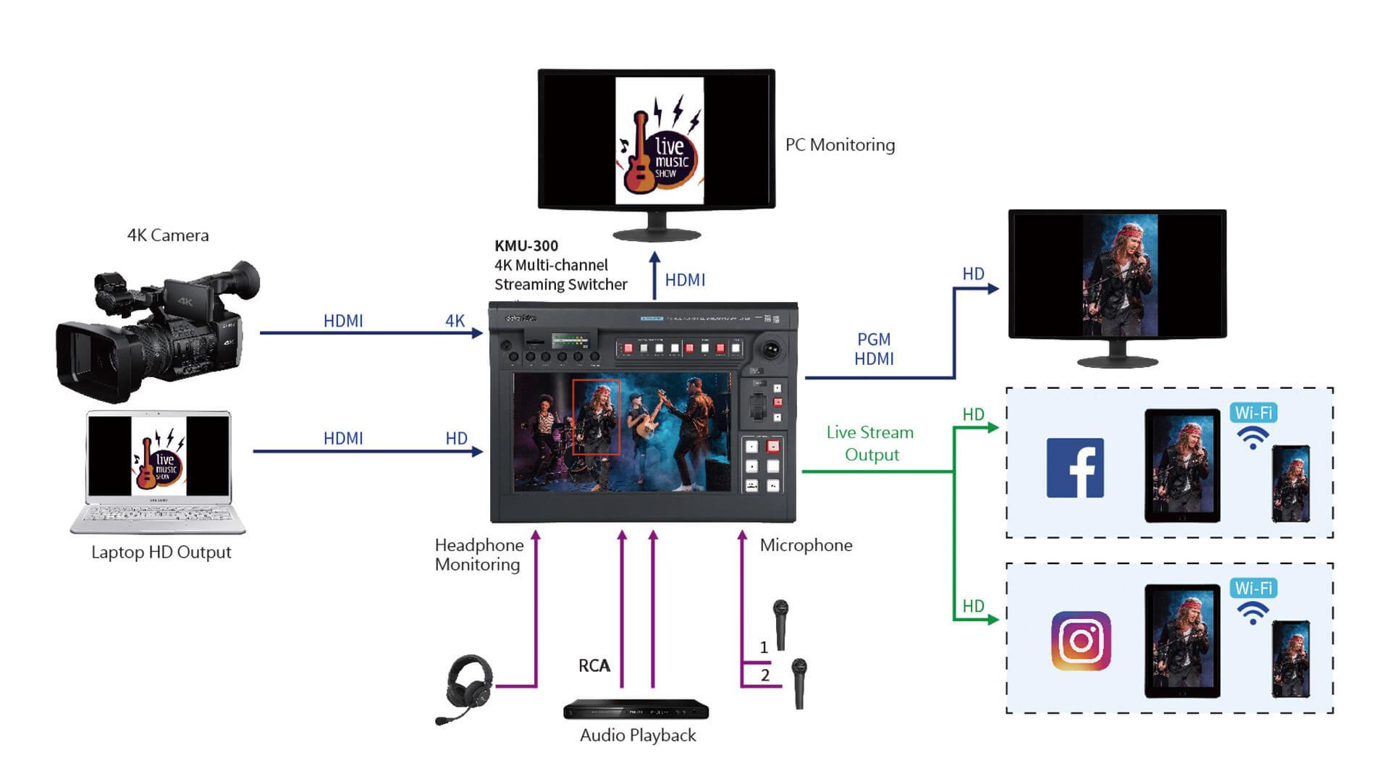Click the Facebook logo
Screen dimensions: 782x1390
(x=1075, y=468)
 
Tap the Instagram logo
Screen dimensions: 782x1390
(x=1081, y=641)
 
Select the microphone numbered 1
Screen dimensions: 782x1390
(x=780, y=623)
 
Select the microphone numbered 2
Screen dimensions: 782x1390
(x=799, y=682)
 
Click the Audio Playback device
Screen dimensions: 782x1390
(x=636, y=710)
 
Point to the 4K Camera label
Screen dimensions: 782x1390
(x=168, y=235)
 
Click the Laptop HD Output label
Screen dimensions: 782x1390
(x=161, y=552)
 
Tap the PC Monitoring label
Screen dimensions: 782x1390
(x=840, y=145)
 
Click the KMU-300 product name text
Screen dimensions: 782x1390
(x=526, y=246)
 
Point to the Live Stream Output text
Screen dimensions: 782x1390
(x=870, y=443)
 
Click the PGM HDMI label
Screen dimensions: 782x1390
(x=874, y=349)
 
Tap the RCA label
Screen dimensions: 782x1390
(x=594, y=665)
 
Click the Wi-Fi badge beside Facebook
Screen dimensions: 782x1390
(x=1253, y=413)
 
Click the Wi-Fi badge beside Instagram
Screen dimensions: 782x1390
(x=1253, y=589)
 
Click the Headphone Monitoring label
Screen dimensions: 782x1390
(x=479, y=555)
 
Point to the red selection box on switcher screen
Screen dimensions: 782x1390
(x=596, y=417)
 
